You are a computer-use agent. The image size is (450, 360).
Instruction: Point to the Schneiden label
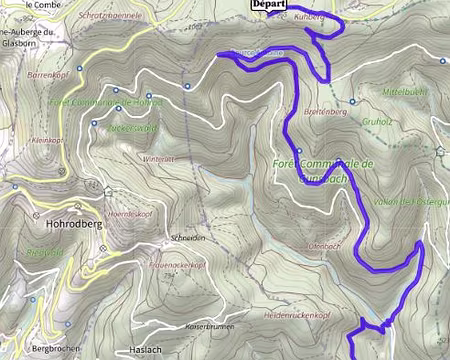[188, 239]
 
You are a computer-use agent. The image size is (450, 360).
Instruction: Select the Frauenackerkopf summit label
[176, 264]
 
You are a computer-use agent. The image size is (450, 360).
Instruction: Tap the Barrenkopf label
[46, 75]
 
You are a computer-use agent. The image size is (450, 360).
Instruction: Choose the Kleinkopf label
[47, 141]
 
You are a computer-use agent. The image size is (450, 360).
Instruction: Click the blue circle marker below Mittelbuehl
[352, 101]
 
